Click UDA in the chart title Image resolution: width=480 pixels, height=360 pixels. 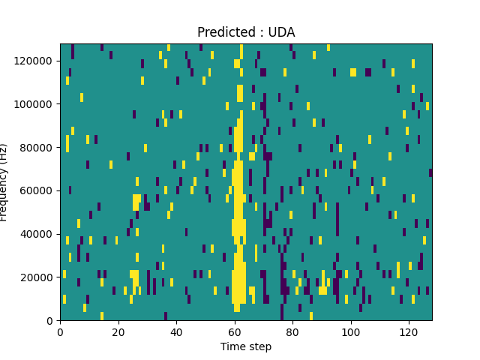(x=282, y=32)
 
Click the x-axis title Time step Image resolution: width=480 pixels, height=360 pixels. (x=246, y=346)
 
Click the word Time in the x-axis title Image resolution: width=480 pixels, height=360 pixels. (x=232, y=346)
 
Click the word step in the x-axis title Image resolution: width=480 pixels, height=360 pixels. (x=259, y=346)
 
